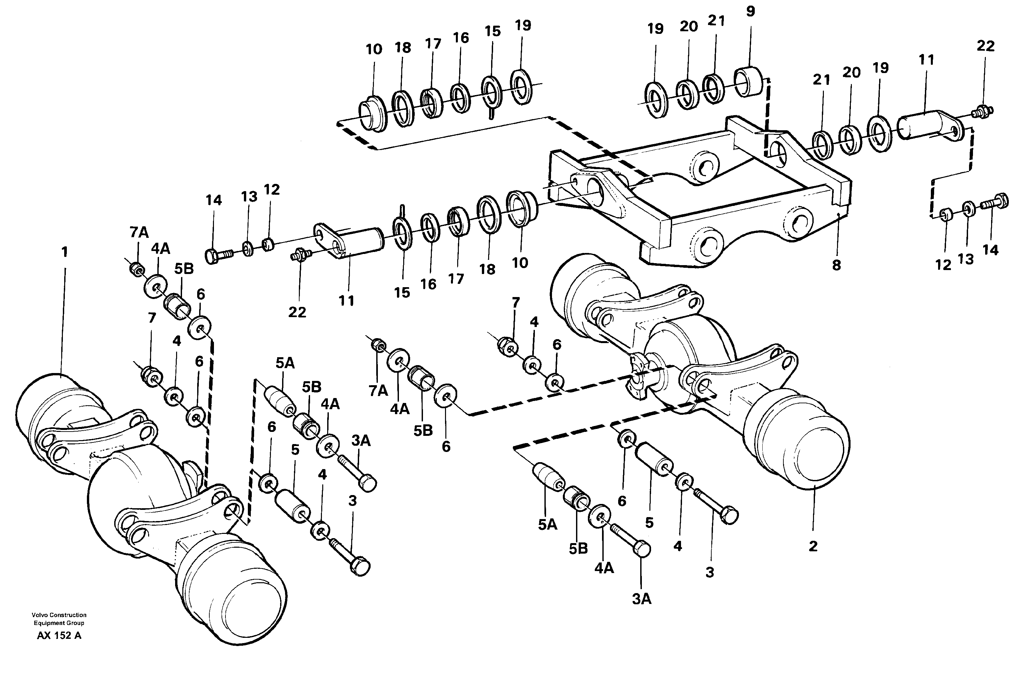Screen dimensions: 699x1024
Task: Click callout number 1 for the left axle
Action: [65, 252]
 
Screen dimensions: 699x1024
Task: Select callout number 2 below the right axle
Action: [813, 546]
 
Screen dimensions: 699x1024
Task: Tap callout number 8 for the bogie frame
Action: [836, 265]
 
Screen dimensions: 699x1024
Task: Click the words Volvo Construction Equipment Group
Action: [59, 619]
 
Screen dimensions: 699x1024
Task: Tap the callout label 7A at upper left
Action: [139, 233]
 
